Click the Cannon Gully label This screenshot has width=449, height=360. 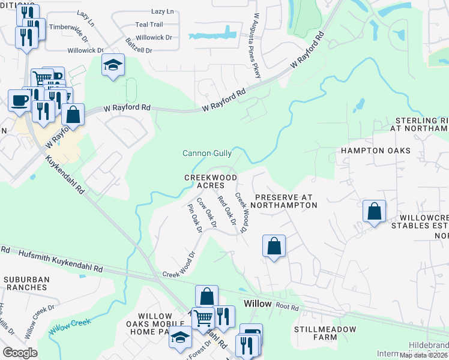(207, 154)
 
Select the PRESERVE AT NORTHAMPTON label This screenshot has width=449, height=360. (285, 200)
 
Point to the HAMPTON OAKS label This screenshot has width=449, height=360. (376, 151)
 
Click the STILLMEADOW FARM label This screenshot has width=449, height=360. (325, 334)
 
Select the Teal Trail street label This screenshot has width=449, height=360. (149, 25)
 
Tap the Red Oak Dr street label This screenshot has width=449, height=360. (226, 211)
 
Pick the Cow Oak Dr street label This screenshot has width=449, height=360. (206, 213)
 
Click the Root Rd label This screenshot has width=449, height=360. (288, 306)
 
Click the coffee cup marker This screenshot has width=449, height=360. (20, 100)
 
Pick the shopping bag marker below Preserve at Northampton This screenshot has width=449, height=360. (274, 246)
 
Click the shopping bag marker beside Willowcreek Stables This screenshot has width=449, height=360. (374, 211)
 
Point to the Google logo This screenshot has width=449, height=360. (20, 352)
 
